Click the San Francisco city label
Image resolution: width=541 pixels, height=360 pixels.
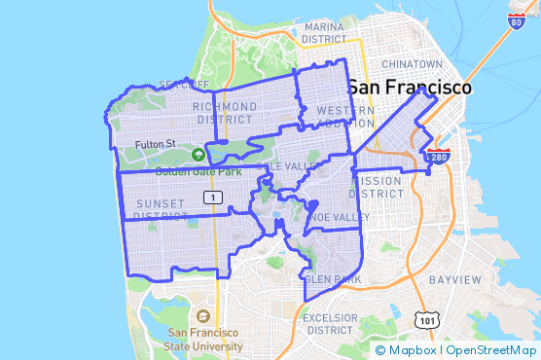(409, 87)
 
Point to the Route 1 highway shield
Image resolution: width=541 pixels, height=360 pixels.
(211, 198)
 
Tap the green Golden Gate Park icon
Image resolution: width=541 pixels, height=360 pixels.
(198, 155)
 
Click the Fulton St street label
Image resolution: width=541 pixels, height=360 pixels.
(154, 144)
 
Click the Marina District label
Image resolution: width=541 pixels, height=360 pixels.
(324, 33)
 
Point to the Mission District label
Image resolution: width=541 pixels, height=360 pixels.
(377, 187)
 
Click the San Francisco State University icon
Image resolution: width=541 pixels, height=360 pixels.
(202, 316)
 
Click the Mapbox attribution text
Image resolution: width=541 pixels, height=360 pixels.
(414, 350)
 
